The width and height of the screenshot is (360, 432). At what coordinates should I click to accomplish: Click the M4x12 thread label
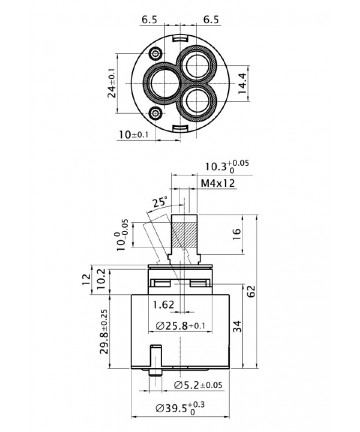coord(218,183)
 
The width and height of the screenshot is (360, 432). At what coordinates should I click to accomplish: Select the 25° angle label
coord(159,202)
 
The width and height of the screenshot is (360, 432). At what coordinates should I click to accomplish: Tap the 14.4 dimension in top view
coord(242,84)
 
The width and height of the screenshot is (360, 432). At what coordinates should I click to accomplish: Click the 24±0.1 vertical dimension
coord(112,83)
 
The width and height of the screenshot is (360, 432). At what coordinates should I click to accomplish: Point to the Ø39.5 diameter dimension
coord(180,408)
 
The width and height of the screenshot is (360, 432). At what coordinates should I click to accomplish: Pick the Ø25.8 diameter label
coord(180,326)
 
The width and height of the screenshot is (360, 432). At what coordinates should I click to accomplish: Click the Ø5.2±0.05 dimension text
coord(198,385)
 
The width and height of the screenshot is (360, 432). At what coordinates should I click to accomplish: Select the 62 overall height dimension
coord(252,291)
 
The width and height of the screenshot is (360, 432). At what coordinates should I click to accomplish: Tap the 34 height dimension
coord(237,326)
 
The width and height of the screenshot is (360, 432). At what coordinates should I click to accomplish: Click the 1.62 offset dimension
coord(163,304)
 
